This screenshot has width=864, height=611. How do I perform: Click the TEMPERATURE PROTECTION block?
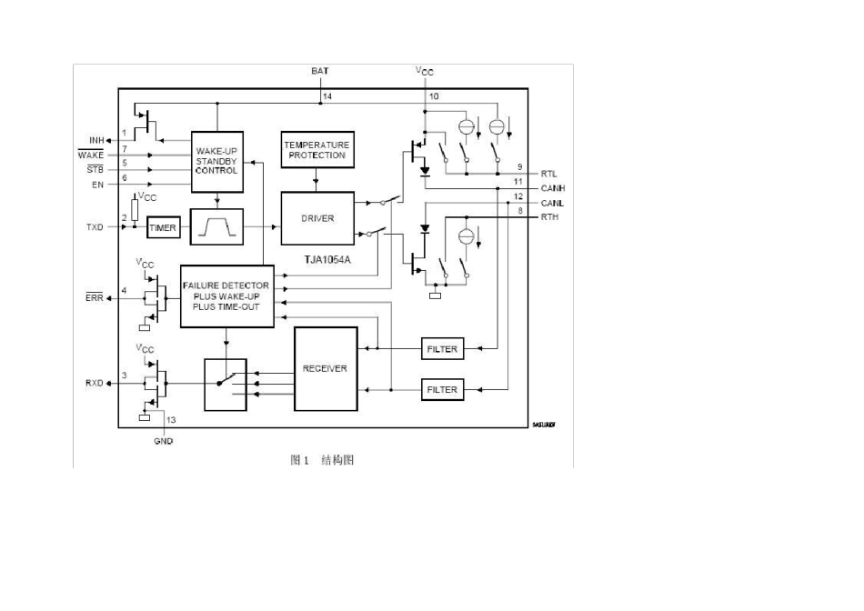pyautogui.click(x=316, y=151)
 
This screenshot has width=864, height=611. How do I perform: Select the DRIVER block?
pyautogui.click(x=316, y=218)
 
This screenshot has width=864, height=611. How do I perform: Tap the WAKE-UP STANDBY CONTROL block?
pyautogui.click(x=217, y=162)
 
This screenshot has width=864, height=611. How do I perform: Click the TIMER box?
pyautogui.click(x=163, y=228)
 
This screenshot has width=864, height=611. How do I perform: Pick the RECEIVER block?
pyautogui.click(x=325, y=368)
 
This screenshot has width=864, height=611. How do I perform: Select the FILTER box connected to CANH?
pyautogui.click(x=442, y=349)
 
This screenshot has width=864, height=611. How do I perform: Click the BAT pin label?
pyautogui.click(x=320, y=71)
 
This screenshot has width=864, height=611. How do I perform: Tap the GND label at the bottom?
pyautogui.click(x=164, y=441)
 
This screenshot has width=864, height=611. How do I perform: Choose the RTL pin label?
pyautogui.click(x=549, y=173)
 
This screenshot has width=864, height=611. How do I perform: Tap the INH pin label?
pyautogui.click(x=96, y=140)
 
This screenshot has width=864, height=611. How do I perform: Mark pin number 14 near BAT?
pyautogui.click(x=327, y=95)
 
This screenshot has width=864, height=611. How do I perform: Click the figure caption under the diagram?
pyautogui.click(x=322, y=460)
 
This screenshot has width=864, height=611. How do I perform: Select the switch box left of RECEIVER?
pyautogui.click(x=226, y=383)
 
